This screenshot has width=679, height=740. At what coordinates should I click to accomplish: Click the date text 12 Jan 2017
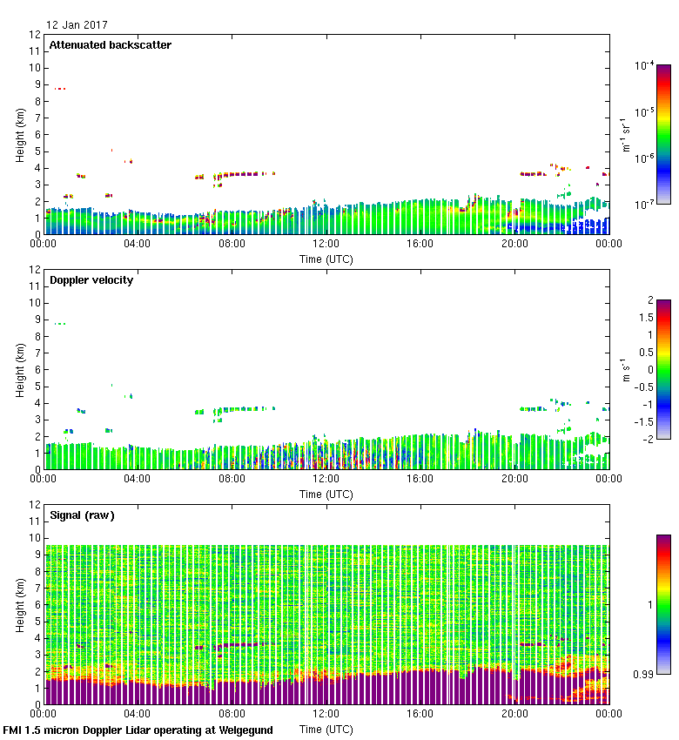[77, 25]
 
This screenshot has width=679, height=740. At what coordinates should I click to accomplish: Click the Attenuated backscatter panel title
[110, 45]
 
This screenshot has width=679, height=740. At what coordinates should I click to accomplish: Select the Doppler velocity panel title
[91, 280]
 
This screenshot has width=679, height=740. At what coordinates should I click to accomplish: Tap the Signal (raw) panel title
[82, 515]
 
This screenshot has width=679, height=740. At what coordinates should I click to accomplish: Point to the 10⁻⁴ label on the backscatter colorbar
[645, 66]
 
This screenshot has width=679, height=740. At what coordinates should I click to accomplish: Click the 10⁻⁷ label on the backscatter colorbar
[645, 204]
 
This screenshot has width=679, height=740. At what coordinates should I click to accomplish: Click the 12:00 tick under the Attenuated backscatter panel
[326, 245]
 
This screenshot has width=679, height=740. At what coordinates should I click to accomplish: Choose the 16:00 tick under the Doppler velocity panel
[420, 480]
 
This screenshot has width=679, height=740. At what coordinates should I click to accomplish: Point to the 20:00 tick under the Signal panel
[514, 715]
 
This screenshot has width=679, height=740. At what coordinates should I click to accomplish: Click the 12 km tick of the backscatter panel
[34, 35]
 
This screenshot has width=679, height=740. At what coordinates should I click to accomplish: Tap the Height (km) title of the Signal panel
[18, 605]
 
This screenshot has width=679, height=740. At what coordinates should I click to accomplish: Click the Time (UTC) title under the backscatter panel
[326, 259]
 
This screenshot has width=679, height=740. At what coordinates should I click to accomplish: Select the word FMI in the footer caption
[13, 730]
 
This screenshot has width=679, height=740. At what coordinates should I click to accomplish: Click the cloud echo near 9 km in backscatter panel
[59, 89]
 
